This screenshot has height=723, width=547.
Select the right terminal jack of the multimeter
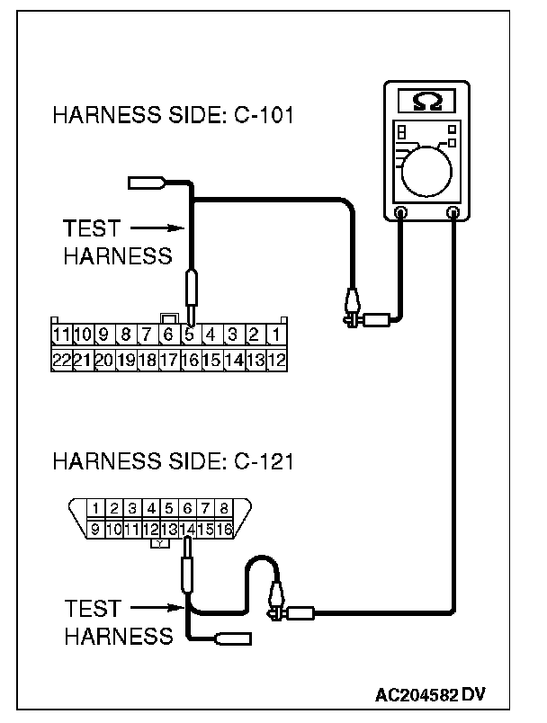click(454, 213)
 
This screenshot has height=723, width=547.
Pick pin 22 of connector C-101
click(61, 359)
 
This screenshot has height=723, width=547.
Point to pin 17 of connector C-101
click(168, 359)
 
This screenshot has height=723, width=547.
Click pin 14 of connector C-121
click(187, 531)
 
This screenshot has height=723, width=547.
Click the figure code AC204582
click(417, 695)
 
